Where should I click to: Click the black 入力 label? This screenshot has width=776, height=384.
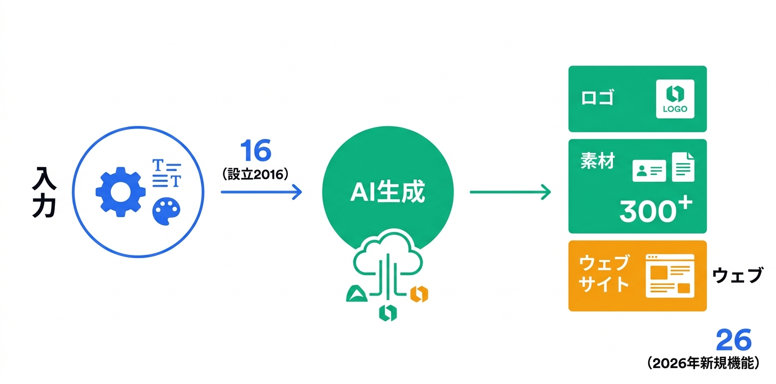pyautogui.click(x=44, y=193)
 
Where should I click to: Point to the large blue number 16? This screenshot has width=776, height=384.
pyautogui.click(x=255, y=151)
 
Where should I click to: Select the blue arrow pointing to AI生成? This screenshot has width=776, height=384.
pyautogui.click(x=261, y=192)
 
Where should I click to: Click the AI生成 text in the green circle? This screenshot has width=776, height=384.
pyautogui.click(x=387, y=193)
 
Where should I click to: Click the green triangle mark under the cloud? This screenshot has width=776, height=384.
pyautogui.click(x=355, y=293)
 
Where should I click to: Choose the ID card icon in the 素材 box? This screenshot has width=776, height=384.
pyautogui.click(x=649, y=171)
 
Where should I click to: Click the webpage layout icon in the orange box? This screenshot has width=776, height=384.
pyautogui.click(x=670, y=276)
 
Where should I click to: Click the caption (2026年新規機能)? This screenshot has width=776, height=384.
pyautogui.click(x=704, y=364)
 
